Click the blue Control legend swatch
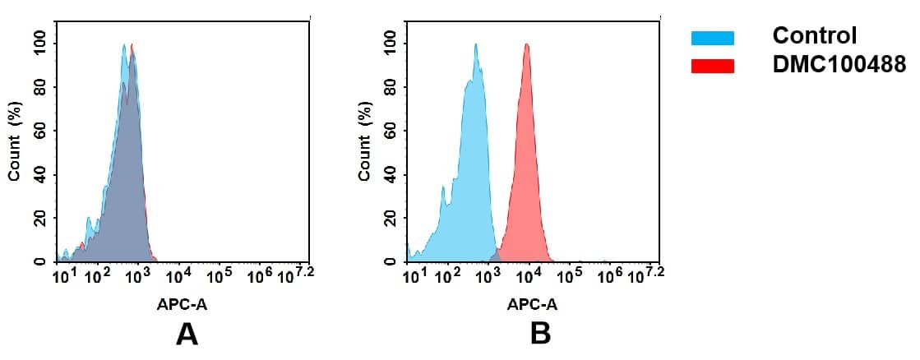coord(712,37)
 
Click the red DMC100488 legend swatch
coord(712,66)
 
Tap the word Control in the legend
coord(814,36)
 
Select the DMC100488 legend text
coord(839,65)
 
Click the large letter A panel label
coord(187,334)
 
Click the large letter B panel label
coord(539,334)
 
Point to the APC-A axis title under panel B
coord(532,303)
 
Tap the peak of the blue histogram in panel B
coord(475,45)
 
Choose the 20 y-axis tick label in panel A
coord(39,218)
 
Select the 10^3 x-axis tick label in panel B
coord(489,277)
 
